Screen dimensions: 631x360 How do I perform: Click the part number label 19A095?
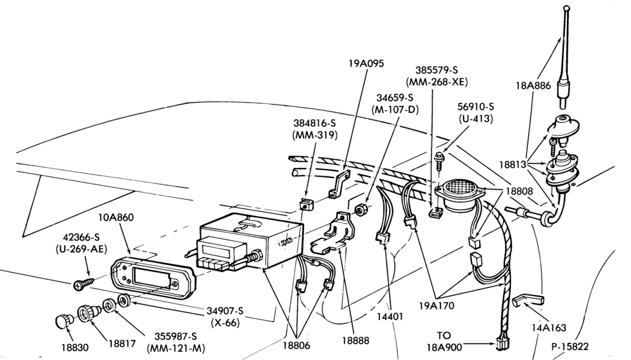coord(366,63)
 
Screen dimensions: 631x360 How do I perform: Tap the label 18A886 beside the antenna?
coord(533,86)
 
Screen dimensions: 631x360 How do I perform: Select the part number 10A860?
coord(116,217)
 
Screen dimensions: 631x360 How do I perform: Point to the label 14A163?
coord(549,328)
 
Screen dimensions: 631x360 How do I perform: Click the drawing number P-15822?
coord(570,346)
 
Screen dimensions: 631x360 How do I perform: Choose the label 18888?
coord(355,340)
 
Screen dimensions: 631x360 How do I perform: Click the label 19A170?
coord(437,306)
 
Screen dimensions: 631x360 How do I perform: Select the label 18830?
coord(75,347)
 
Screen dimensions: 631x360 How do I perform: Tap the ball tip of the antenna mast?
coord(566,8)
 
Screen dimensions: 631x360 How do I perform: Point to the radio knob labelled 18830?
coord(63,322)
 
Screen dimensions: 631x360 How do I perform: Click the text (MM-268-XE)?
coord(437,82)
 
